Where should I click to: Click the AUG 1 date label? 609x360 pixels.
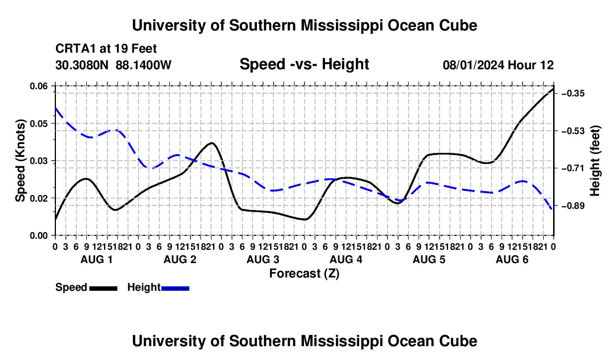coord(96,259)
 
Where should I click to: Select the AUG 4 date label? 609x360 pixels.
coord(345,259)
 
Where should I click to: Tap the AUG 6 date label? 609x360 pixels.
coord(512,259)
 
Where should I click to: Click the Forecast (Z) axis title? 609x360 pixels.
coord(304,274)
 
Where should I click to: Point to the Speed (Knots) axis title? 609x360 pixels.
coord(20,161)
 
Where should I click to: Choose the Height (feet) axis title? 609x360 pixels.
coord(595,161)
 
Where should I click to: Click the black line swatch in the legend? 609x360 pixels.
coord(104,288)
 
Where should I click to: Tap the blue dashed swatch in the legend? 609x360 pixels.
coord(175,288)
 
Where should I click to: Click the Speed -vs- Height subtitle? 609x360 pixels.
coord(304,64)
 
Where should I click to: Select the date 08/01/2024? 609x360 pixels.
coord(473,65)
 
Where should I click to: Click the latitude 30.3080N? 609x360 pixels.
coord(81,65)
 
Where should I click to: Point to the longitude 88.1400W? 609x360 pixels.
coord(143,65)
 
